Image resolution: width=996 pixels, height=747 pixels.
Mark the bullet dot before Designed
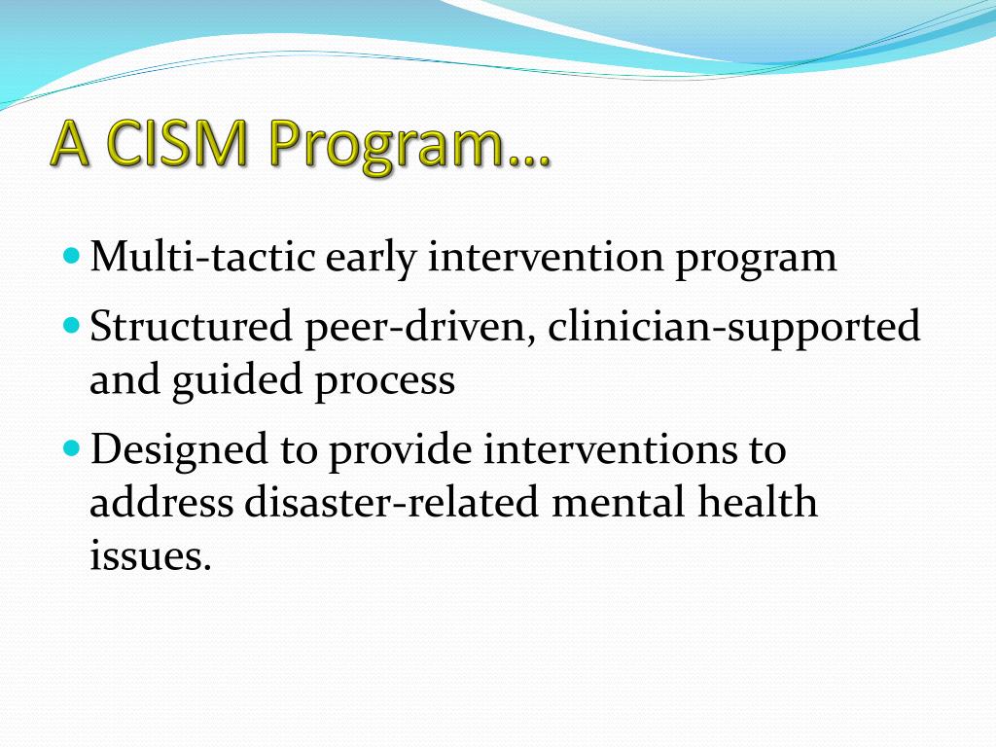point(74,450)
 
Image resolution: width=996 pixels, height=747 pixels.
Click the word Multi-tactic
point(201,259)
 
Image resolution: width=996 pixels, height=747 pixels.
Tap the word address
point(161,504)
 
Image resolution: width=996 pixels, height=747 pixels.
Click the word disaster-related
point(390,504)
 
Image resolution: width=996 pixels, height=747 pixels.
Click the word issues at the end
point(149,556)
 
